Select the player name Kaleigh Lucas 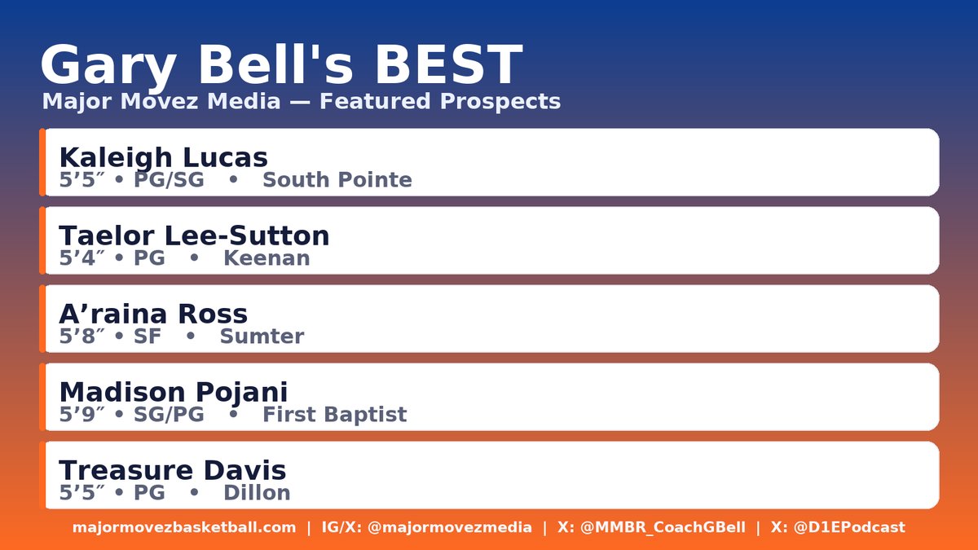(163, 157)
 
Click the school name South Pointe (337, 180)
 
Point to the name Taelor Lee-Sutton (194, 235)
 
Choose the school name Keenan (267, 258)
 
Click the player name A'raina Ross (153, 314)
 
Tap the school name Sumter (262, 337)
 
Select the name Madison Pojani (173, 392)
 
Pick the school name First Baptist (334, 415)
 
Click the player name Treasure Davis (172, 470)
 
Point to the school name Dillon (257, 493)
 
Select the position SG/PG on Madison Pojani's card (169, 415)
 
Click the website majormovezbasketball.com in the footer (184, 527)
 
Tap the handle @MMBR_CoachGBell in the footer (662, 527)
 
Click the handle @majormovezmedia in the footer (450, 527)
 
